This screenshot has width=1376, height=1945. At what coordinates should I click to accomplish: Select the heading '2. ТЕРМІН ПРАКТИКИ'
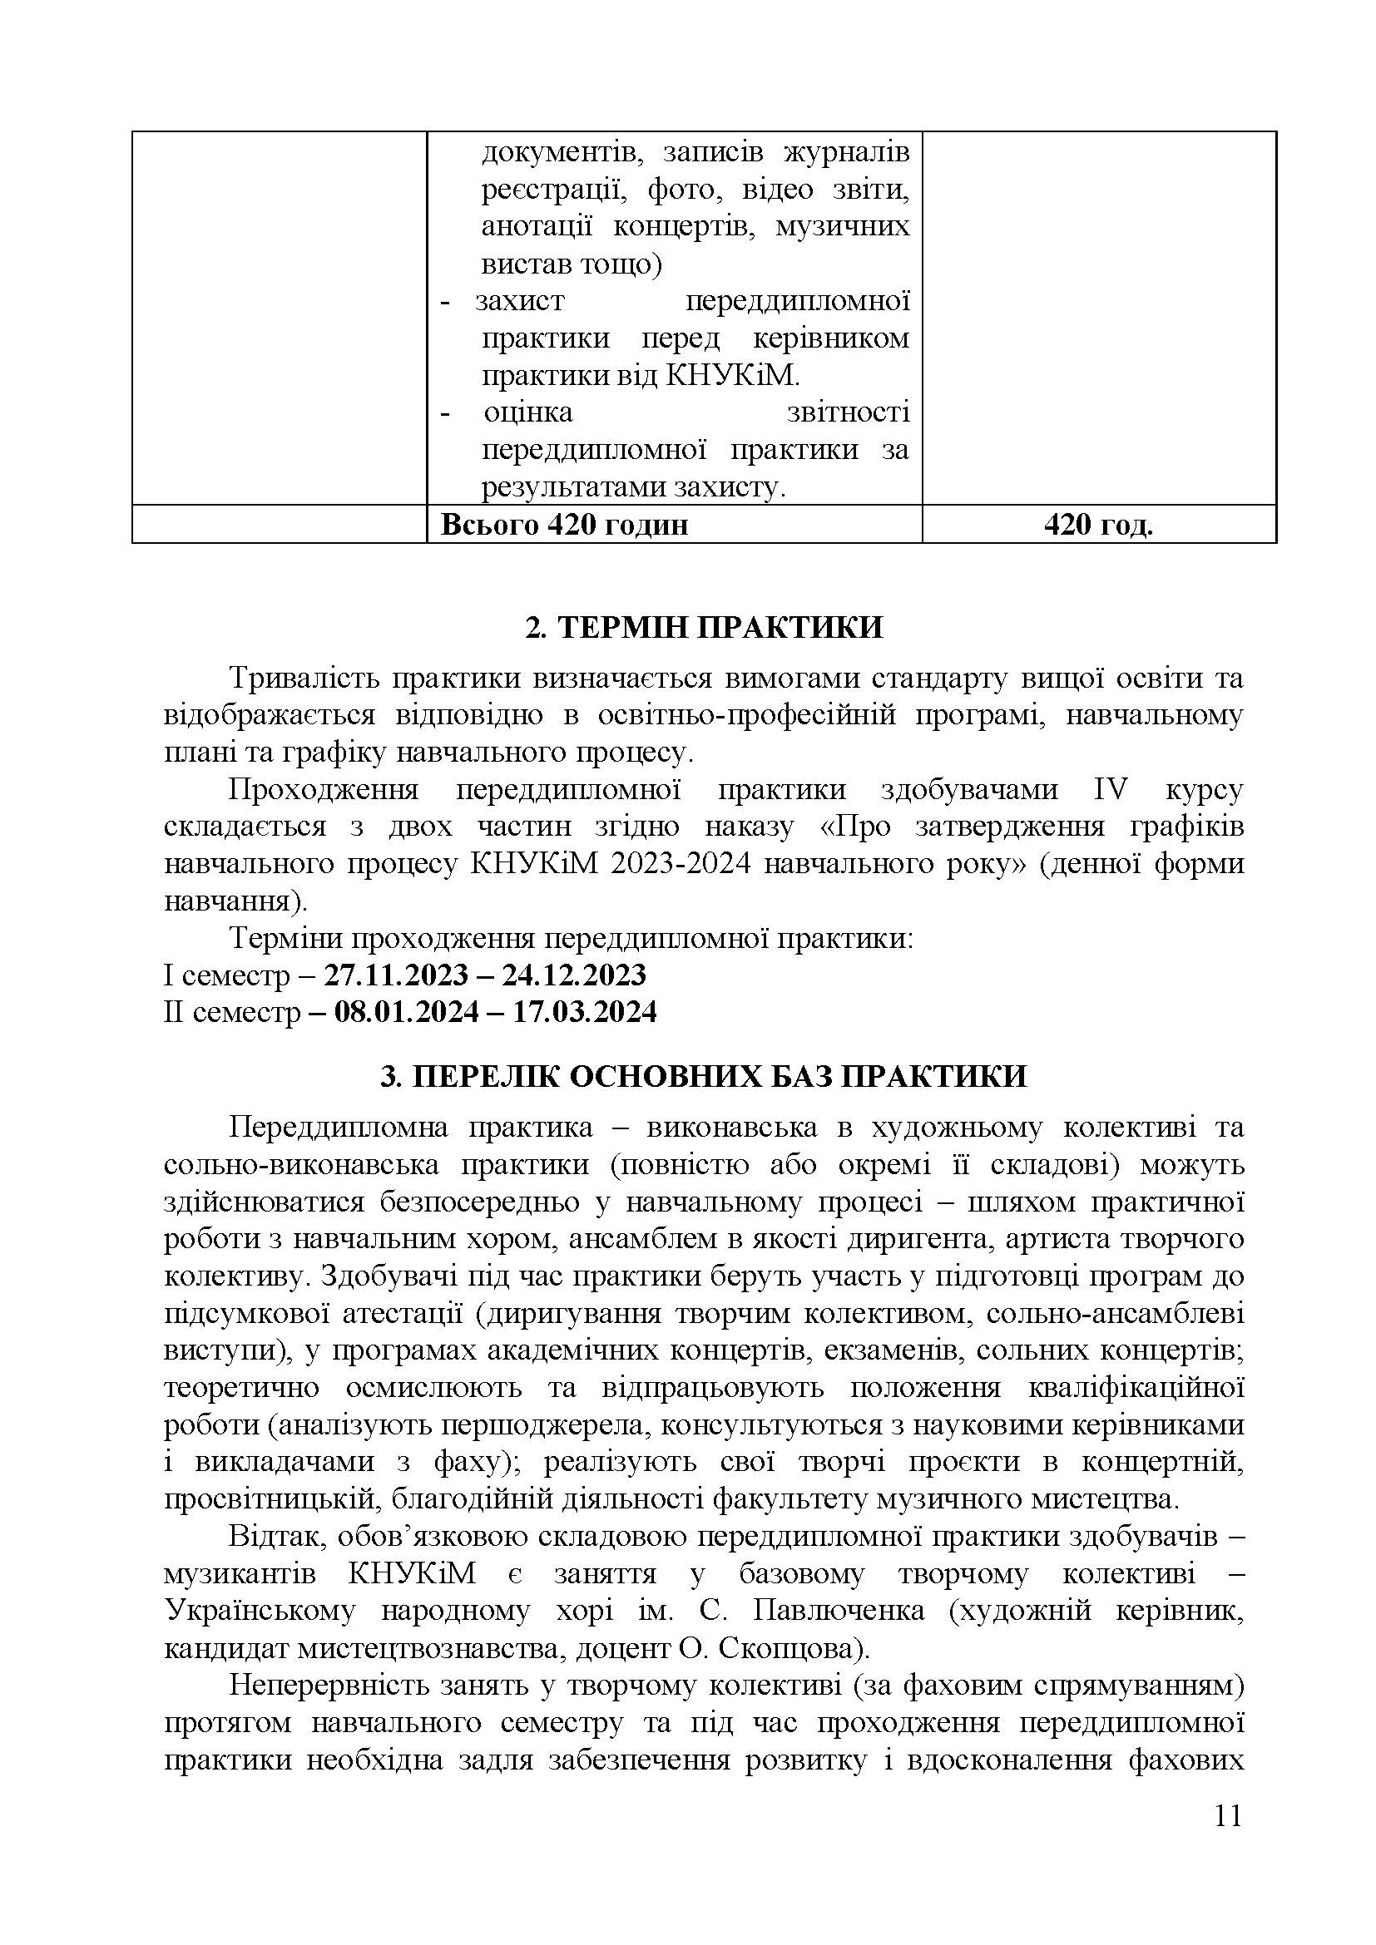[x=704, y=628]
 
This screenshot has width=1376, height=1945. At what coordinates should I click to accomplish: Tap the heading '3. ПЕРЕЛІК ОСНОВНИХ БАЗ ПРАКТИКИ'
[x=703, y=1077]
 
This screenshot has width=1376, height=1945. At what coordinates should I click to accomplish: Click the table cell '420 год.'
[x=1098, y=526]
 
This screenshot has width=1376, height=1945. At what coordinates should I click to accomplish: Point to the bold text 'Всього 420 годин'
[x=564, y=526]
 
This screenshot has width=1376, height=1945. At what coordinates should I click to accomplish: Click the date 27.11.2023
[x=397, y=975]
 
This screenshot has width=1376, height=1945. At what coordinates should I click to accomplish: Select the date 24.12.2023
[x=574, y=975]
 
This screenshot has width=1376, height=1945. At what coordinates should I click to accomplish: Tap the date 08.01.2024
[x=407, y=1012]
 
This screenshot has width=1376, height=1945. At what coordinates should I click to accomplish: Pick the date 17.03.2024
[x=585, y=1012]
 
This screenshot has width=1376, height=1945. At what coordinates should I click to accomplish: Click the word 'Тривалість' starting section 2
[x=306, y=679]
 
